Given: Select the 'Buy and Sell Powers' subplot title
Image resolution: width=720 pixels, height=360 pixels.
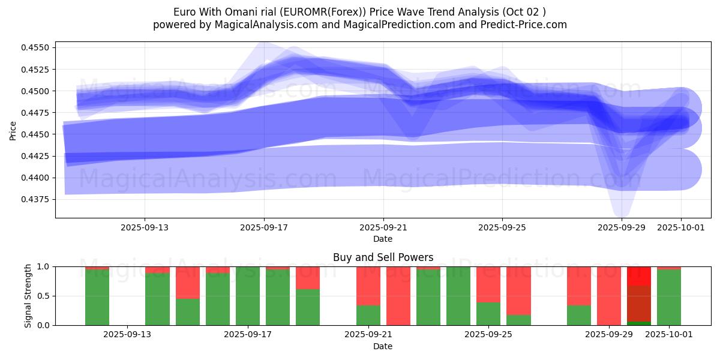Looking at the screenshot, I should [x=383, y=257].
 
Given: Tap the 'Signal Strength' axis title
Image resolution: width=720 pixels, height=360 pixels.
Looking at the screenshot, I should [x=28, y=295].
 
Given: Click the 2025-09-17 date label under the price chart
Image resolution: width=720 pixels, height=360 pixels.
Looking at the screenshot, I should [x=264, y=228].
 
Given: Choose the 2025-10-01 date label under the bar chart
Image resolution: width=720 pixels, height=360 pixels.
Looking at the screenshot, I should [x=669, y=335].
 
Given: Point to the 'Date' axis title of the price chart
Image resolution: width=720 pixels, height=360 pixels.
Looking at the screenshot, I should [x=383, y=239].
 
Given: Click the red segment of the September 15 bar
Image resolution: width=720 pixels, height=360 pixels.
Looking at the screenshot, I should [x=188, y=282].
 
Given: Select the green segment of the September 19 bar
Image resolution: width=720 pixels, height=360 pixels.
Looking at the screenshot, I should [x=308, y=307].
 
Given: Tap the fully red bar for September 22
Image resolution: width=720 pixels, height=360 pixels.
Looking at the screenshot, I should [x=398, y=296].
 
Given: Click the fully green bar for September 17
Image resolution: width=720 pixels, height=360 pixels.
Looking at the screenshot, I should [x=248, y=296].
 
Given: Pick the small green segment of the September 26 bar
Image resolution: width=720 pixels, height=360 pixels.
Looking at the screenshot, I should [x=518, y=320].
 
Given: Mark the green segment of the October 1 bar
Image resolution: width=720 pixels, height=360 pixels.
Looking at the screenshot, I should [x=669, y=298].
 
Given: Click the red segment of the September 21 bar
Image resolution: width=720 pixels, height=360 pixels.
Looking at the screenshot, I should [x=368, y=286].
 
